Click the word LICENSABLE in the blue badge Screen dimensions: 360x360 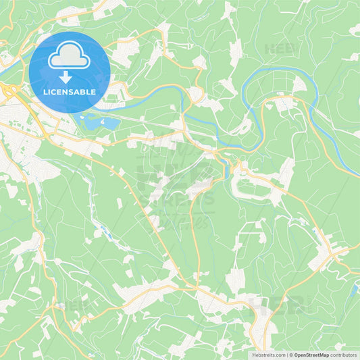(x=69, y=91)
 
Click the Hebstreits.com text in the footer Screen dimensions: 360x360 (x=267, y=355)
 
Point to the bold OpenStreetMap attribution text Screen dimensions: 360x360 (x=311, y=355)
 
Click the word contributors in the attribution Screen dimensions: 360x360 (x=344, y=355)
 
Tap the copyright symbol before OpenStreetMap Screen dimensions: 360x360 (x=290, y=355)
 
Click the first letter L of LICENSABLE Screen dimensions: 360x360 (x=45, y=91)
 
